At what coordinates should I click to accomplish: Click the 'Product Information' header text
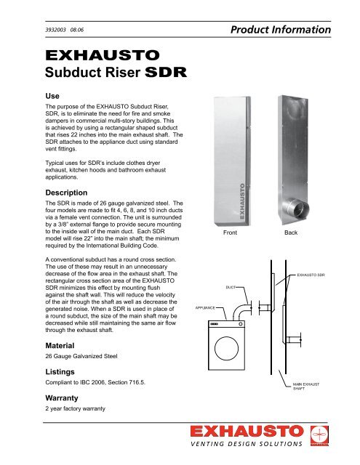[284, 30]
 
